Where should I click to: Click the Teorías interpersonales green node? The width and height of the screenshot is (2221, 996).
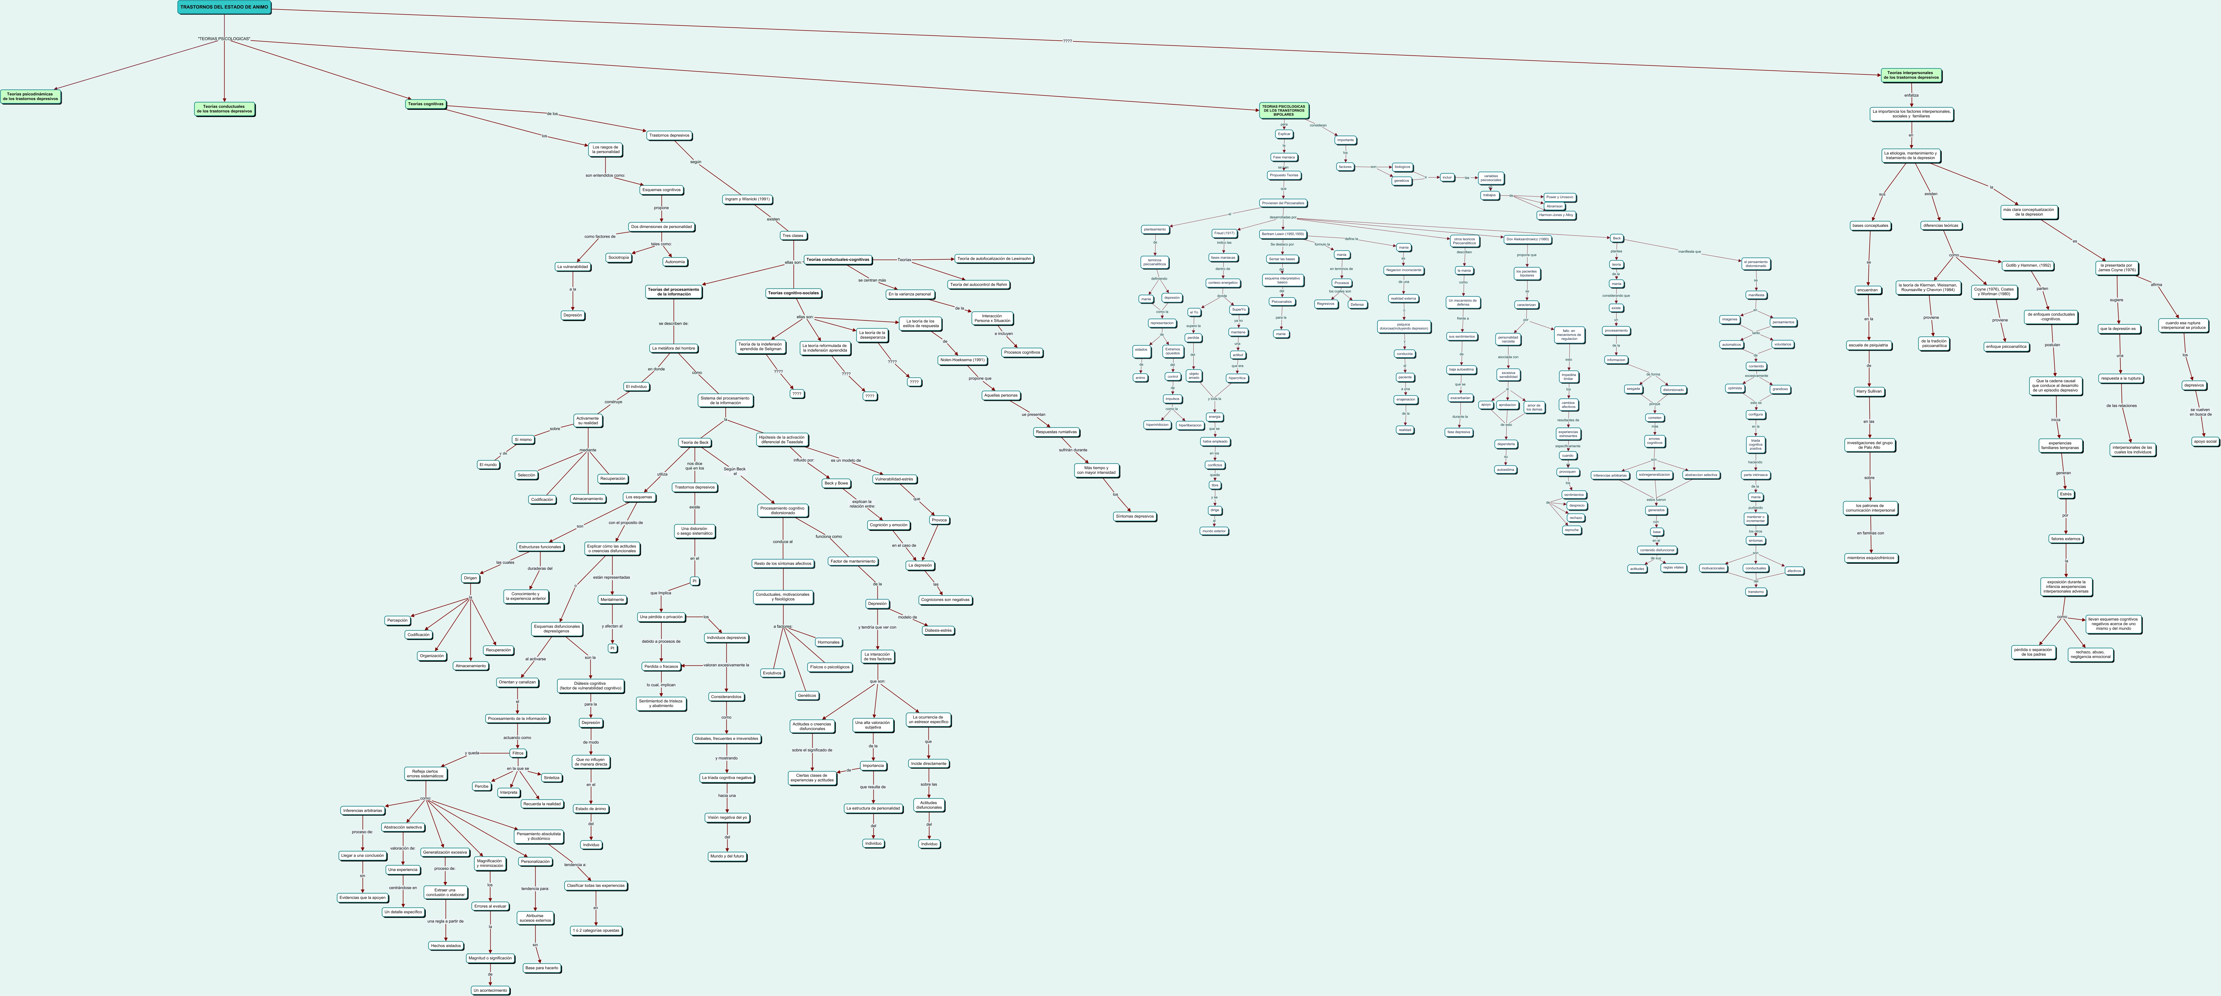click(x=1911, y=75)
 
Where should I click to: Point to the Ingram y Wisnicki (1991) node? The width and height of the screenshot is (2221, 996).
click(x=747, y=199)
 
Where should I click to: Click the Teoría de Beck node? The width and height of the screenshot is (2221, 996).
click(x=694, y=442)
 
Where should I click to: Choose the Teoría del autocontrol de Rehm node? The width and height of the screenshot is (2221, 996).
click(x=979, y=284)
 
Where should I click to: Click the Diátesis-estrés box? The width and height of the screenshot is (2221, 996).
click(x=938, y=630)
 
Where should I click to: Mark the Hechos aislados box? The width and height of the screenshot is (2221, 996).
click(x=446, y=946)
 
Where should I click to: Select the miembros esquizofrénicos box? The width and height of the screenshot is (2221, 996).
click(x=1870, y=558)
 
